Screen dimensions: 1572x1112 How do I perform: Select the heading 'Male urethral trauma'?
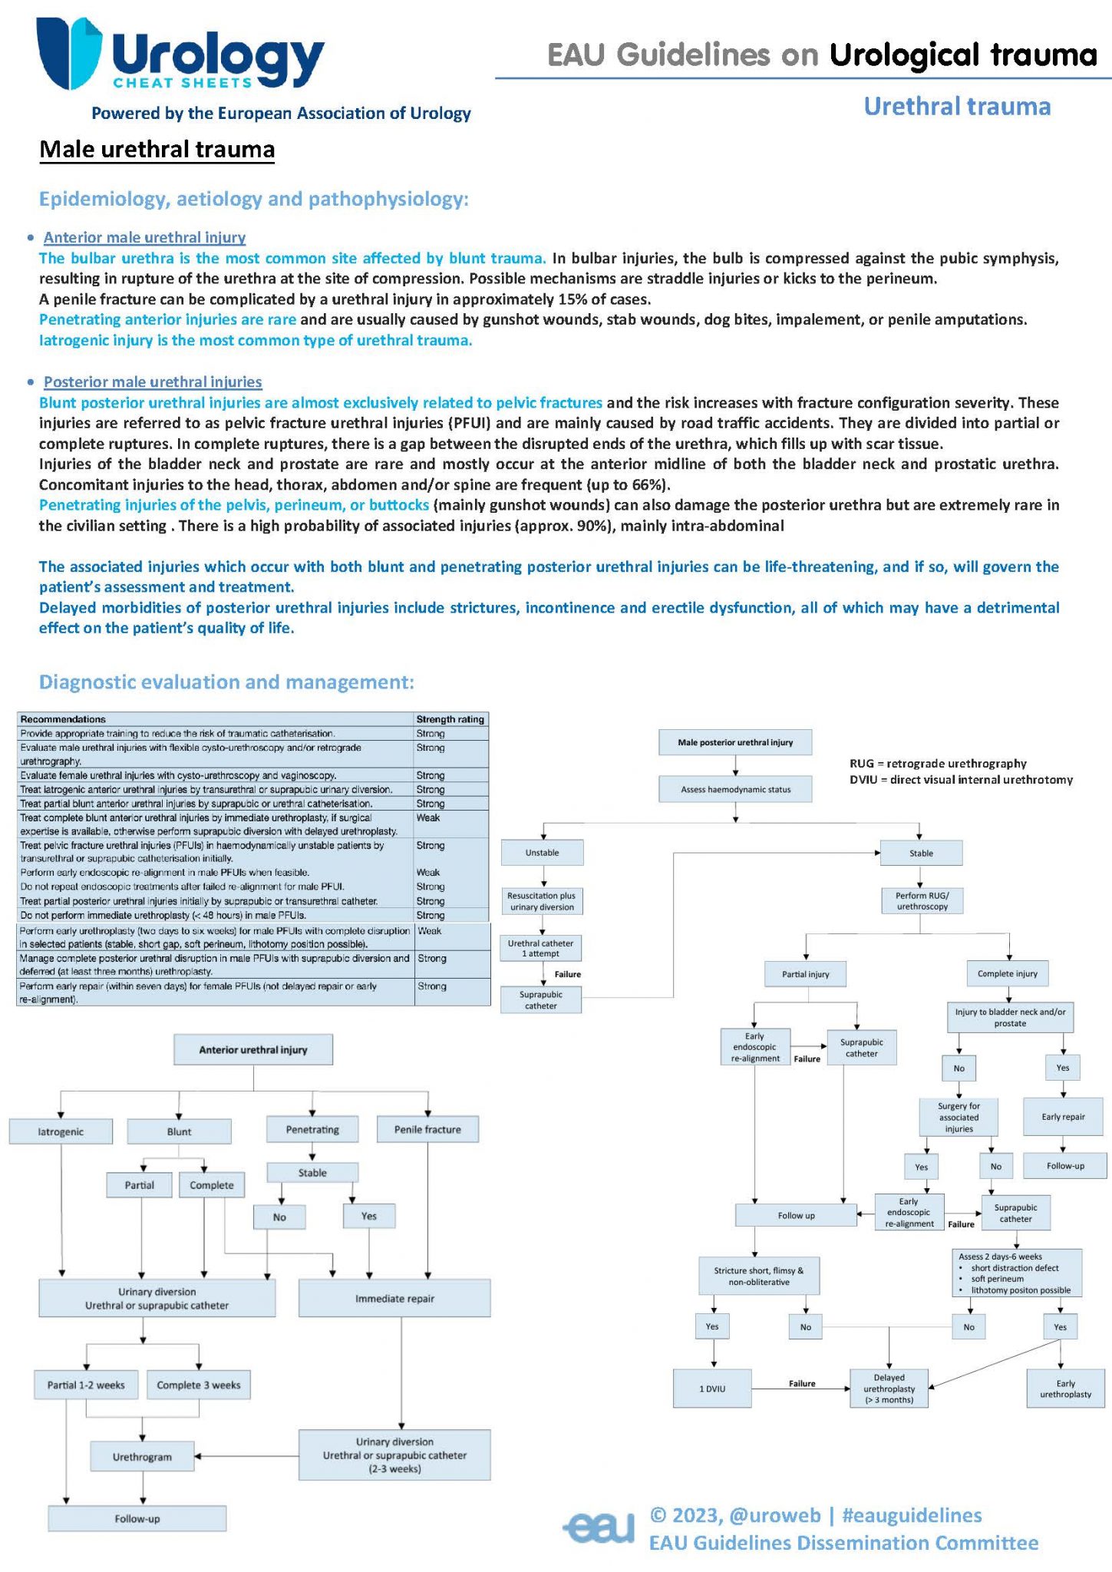tap(157, 149)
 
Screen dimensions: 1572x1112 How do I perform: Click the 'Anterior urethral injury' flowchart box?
tap(253, 1049)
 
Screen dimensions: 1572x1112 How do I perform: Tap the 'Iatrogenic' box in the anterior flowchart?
tap(61, 1131)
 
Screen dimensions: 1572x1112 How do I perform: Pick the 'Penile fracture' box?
tap(427, 1129)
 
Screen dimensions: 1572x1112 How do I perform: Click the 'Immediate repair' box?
tap(394, 1299)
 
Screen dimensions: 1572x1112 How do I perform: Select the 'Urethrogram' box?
tap(142, 1457)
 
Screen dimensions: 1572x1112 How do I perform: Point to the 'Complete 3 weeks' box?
tap(198, 1385)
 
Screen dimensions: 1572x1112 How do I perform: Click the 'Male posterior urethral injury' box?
tap(735, 742)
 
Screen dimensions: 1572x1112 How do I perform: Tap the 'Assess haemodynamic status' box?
tap(735, 789)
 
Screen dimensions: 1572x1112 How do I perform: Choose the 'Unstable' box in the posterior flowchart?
tap(542, 853)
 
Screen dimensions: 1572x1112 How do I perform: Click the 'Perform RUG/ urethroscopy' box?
tap(922, 901)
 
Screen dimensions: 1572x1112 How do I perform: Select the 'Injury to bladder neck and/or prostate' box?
tap(1010, 1018)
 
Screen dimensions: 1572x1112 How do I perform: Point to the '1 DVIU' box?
tap(712, 1389)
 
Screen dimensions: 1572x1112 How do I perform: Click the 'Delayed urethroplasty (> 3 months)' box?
tap(889, 1389)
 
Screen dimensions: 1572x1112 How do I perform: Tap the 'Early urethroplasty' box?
tap(1065, 1389)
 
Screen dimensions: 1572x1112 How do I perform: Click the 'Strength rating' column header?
tap(450, 719)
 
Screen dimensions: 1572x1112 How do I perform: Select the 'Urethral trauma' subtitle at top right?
tap(957, 107)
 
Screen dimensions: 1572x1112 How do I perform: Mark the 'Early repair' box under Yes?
tap(1063, 1117)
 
